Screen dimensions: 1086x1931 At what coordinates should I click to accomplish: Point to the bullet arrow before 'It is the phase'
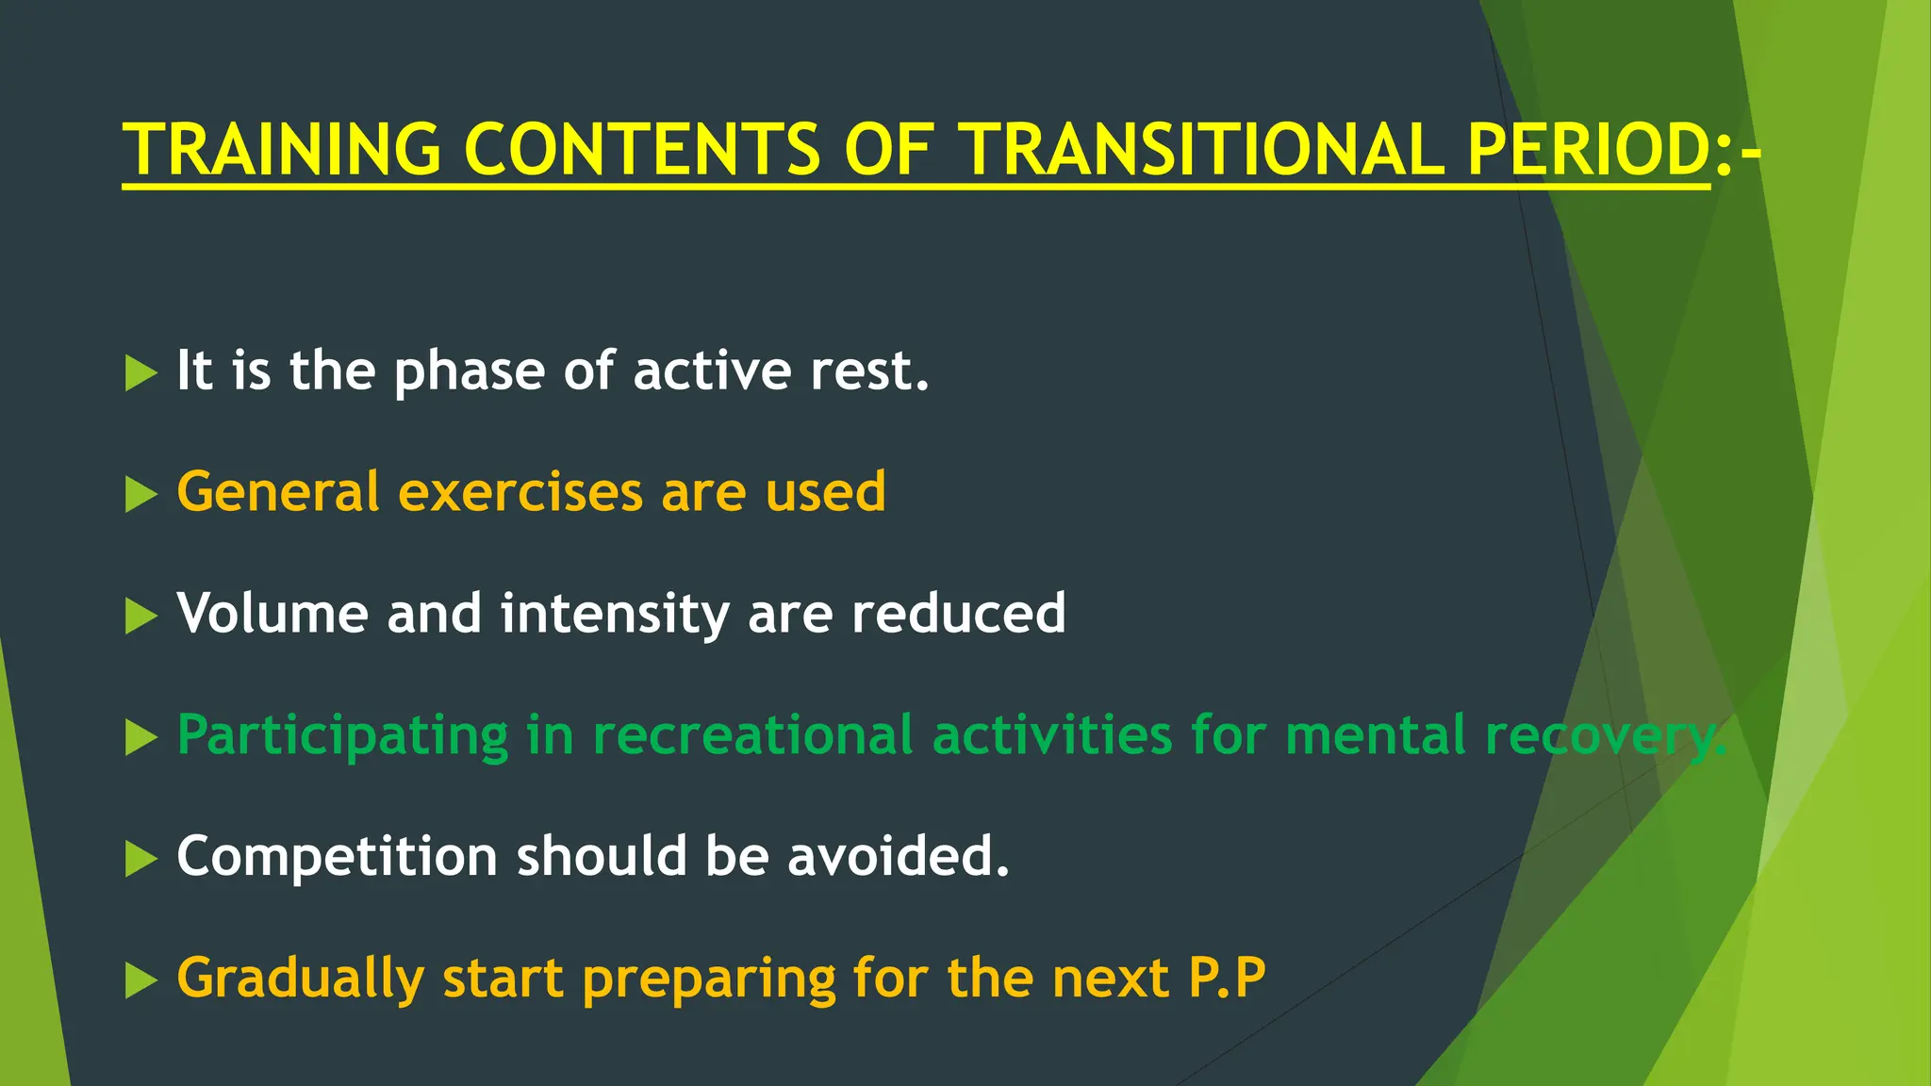(x=140, y=373)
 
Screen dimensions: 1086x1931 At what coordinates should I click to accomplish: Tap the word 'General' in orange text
(x=278, y=492)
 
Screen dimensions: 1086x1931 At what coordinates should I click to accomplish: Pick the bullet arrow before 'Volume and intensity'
(x=140, y=617)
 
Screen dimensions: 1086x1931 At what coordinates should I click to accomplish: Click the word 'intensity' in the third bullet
(x=615, y=615)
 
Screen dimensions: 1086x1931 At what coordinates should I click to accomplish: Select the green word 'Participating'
(x=342, y=736)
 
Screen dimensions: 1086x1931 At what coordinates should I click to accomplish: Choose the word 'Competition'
(x=337, y=857)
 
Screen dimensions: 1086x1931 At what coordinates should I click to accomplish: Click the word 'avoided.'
(x=898, y=856)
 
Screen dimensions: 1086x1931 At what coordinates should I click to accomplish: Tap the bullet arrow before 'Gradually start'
(x=140, y=981)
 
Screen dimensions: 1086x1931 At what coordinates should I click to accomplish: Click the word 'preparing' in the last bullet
(x=708, y=979)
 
